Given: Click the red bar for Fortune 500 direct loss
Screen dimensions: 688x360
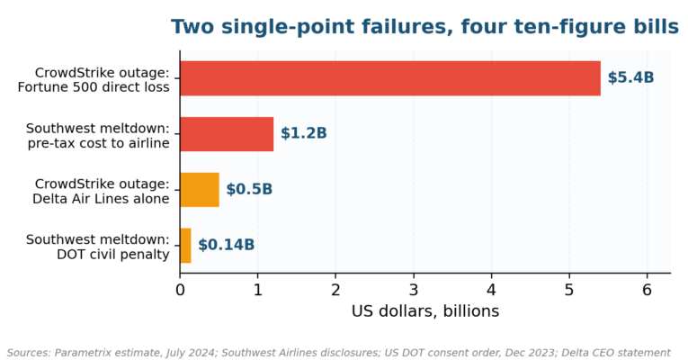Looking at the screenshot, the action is (390, 78).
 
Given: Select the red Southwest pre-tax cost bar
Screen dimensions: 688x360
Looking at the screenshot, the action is (227, 134).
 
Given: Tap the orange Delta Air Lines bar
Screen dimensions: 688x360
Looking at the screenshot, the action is (200, 190).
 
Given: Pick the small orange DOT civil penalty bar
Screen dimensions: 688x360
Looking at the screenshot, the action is (185, 246).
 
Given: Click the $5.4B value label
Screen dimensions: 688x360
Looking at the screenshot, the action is (630, 77).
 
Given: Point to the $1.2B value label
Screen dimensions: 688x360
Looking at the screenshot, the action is (304, 133).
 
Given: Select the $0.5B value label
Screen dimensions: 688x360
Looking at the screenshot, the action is (249, 189).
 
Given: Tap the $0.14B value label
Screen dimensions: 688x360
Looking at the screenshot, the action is (226, 245).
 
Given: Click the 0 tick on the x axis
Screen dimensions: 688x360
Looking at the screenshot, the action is (180, 290).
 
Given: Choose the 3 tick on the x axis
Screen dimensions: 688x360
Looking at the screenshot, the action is (414, 290).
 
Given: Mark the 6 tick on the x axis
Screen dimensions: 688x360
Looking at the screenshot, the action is (647, 290).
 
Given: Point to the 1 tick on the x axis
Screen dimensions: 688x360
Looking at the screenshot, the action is (257, 290).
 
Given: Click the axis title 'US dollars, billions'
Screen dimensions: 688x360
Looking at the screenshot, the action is (425, 311).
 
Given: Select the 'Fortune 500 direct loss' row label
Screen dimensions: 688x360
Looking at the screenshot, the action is (94, 87).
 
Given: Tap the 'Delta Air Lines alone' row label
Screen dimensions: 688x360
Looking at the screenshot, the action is (101, 199).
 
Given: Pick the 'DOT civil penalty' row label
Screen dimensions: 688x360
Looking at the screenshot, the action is (113, 255).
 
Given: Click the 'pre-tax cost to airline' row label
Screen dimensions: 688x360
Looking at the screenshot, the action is (98, 144).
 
